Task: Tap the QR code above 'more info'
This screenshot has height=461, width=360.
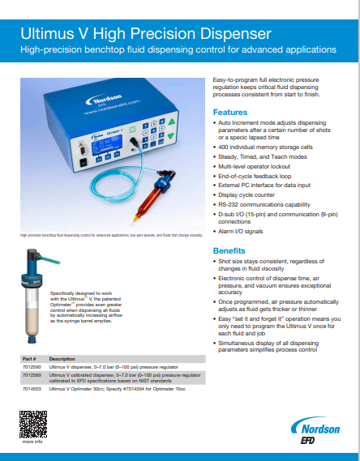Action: pyautogui.click(x=32, y=425)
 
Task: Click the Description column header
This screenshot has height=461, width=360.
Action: pyautogui.click(x=62, y=357)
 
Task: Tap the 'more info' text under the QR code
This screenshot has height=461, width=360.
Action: pyautogui.click(x=32, y=442)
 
